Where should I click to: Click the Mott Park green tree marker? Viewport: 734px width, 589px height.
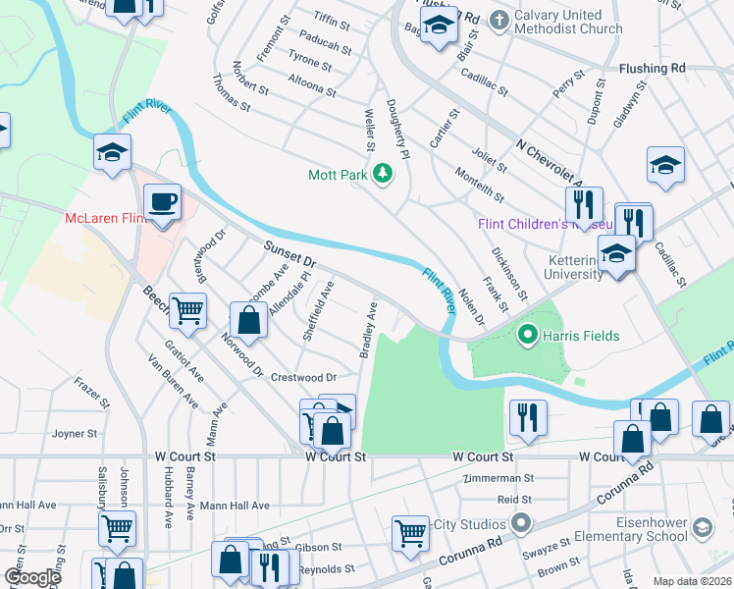(x=383, y=176)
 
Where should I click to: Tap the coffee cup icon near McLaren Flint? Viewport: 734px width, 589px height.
(x=162, y=201)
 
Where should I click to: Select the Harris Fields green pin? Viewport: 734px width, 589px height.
(x=528, y=336)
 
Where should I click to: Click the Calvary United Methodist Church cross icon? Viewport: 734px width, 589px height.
(x=499, y=19)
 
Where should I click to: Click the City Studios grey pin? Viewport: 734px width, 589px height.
(x=520, y=523)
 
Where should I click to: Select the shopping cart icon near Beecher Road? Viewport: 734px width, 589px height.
(x=187, y=310)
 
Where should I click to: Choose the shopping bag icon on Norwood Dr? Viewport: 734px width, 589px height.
(x=249, y=320)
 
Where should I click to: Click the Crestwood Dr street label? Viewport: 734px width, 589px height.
(x=303, y=377)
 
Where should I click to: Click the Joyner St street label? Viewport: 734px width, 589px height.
(x=75, y=433)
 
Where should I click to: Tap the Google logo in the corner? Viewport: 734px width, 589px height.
(x=31, y=577)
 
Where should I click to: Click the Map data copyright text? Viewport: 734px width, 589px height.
(x=691, y=581)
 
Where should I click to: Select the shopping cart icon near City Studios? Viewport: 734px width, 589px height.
(x=410, y=533)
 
